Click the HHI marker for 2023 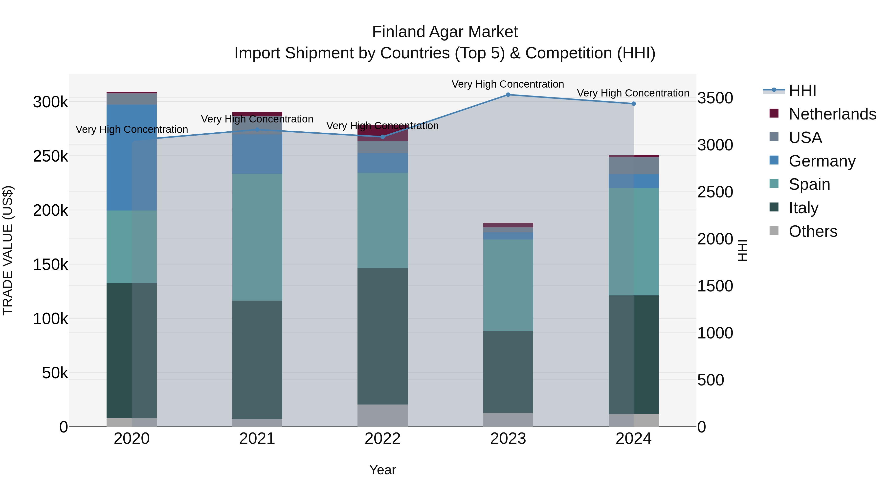[508, 95]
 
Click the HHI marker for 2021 [257, 130]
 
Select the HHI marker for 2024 [633, 104]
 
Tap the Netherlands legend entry [832, 114]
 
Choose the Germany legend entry [822, 161]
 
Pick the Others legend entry [813, 231]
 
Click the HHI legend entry [802, 91]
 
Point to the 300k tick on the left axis [50, 102]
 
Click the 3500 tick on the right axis [715, 98]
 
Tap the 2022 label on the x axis [382, 439]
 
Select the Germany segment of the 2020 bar [132, 157]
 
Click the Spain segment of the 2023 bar [508, 285]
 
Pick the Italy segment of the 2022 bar [382, 336]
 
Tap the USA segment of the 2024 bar [633, 166]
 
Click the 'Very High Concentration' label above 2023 [508, 84]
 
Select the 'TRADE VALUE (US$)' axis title [8, 250]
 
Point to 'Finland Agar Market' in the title [445, 32]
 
